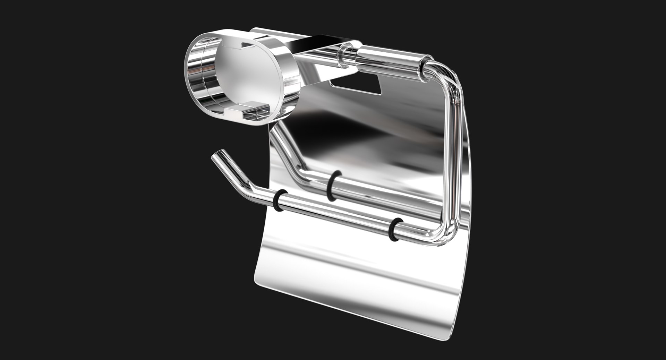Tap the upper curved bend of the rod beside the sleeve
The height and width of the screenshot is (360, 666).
[x=446, y=75]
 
